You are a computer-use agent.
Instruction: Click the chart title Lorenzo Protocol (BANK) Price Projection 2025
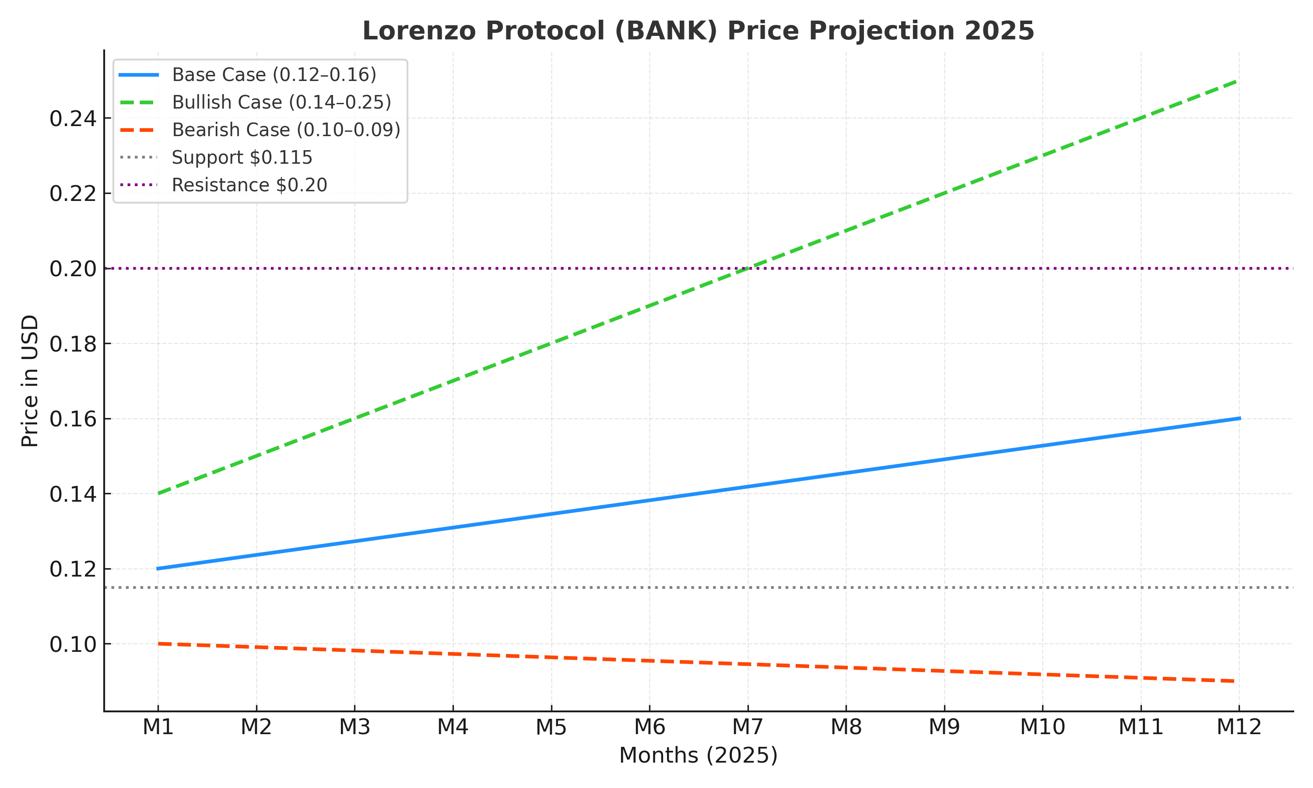point(698,30)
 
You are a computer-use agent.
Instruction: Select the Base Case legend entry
point(274,75)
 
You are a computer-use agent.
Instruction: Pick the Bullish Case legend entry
point(281,102)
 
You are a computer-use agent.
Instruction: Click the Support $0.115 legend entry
point(242,158)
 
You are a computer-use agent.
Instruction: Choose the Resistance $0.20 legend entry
point(249,185)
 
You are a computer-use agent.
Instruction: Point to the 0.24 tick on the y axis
point(73,118)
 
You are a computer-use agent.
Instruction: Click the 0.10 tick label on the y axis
point(73,644)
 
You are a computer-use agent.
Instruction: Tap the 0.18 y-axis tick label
point(73,344)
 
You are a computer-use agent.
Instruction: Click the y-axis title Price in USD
point(30,381)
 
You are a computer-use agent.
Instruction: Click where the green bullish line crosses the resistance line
point(748,269)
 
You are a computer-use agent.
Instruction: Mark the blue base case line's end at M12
point(1239,419)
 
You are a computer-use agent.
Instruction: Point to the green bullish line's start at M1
point(158,494)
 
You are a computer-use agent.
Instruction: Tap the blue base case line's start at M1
point(158,569)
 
